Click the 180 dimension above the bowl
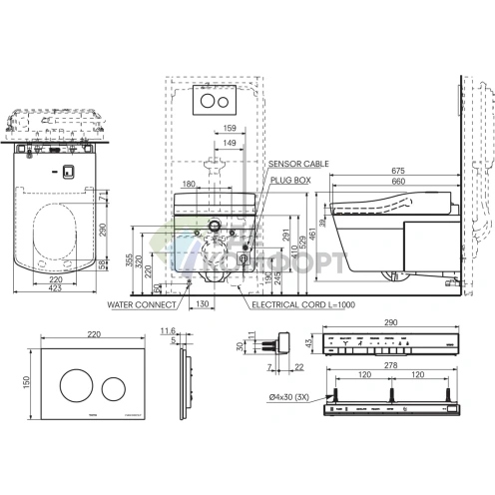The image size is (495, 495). click(x=191, y=184)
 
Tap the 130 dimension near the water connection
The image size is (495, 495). click(x=203, y=304)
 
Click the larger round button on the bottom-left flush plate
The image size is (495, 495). click(x=74, y=383)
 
